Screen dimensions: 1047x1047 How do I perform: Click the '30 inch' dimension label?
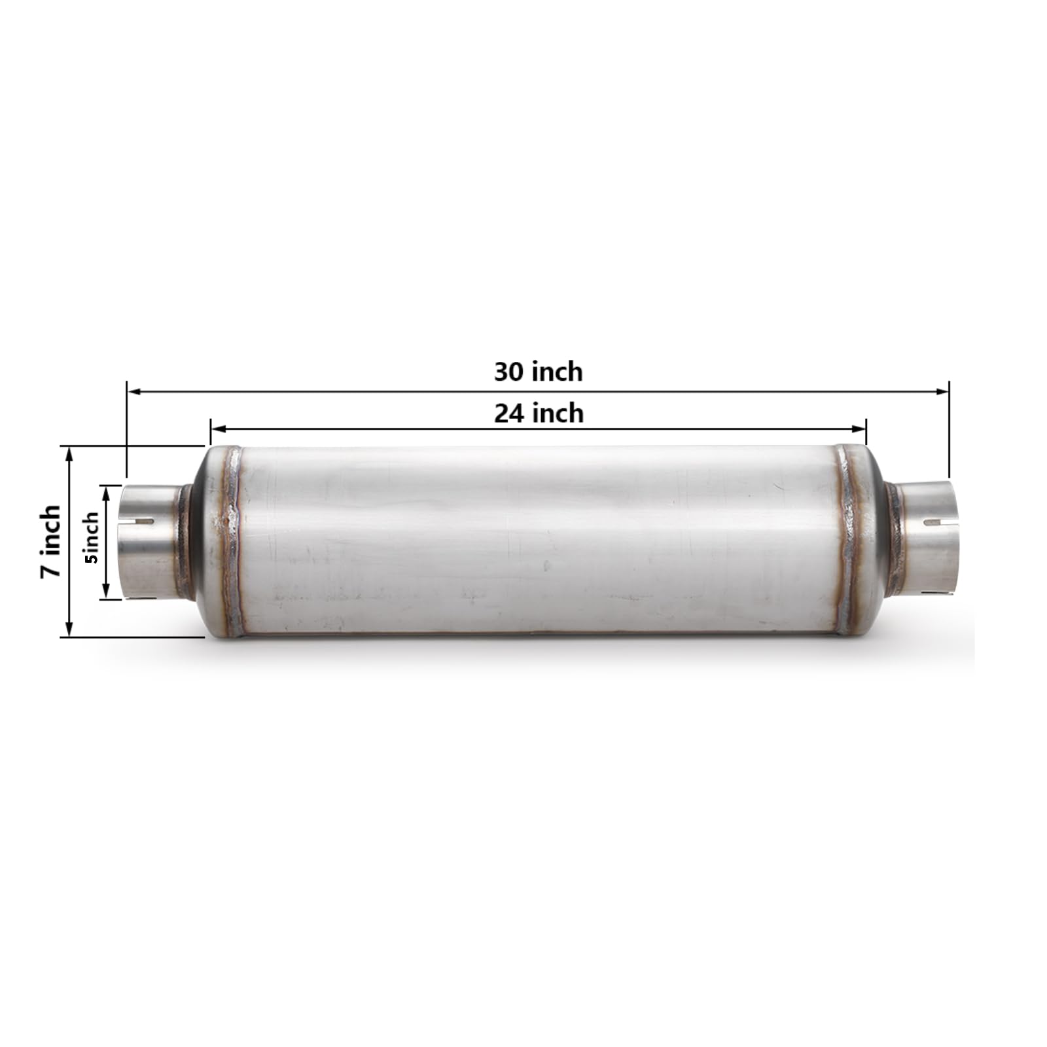click(538, 372)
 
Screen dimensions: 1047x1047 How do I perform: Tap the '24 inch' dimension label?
click(538, 414)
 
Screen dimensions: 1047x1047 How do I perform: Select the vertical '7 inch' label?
click(51, 541)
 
